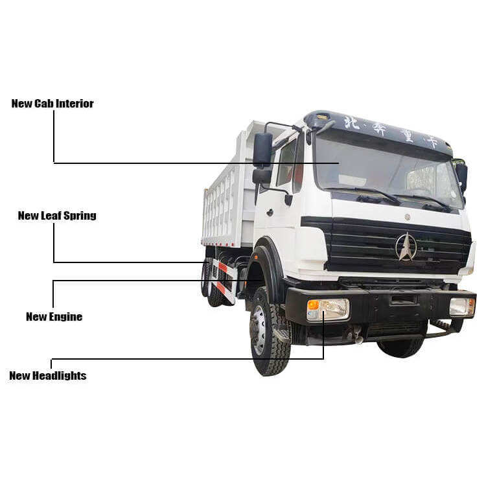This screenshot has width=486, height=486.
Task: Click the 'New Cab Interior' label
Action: (x=52, y=104)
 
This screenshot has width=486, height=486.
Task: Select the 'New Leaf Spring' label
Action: (x=57, y=216)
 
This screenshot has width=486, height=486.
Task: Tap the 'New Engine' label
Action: (x=54, y=316)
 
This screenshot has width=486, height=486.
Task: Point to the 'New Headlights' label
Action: (x=48, y=375)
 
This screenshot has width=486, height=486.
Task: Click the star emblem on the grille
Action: (x=406, y=247)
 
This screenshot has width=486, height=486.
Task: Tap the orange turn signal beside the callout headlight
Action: (x=313, y=305)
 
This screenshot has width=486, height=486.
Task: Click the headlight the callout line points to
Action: (x=329, y=309)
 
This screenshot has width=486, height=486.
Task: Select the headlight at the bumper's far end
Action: (x=462, y=307)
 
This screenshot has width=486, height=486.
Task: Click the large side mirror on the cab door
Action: (x=262, y=150)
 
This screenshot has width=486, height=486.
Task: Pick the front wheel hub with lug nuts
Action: (x=259, y=329)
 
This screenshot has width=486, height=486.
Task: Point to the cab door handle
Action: (x=270, y=213)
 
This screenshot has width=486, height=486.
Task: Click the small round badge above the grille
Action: (x=408, y=217)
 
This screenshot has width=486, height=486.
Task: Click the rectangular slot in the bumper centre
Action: (x=403, y=300)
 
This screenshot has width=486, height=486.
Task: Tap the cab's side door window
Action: (x=286, y=163)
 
